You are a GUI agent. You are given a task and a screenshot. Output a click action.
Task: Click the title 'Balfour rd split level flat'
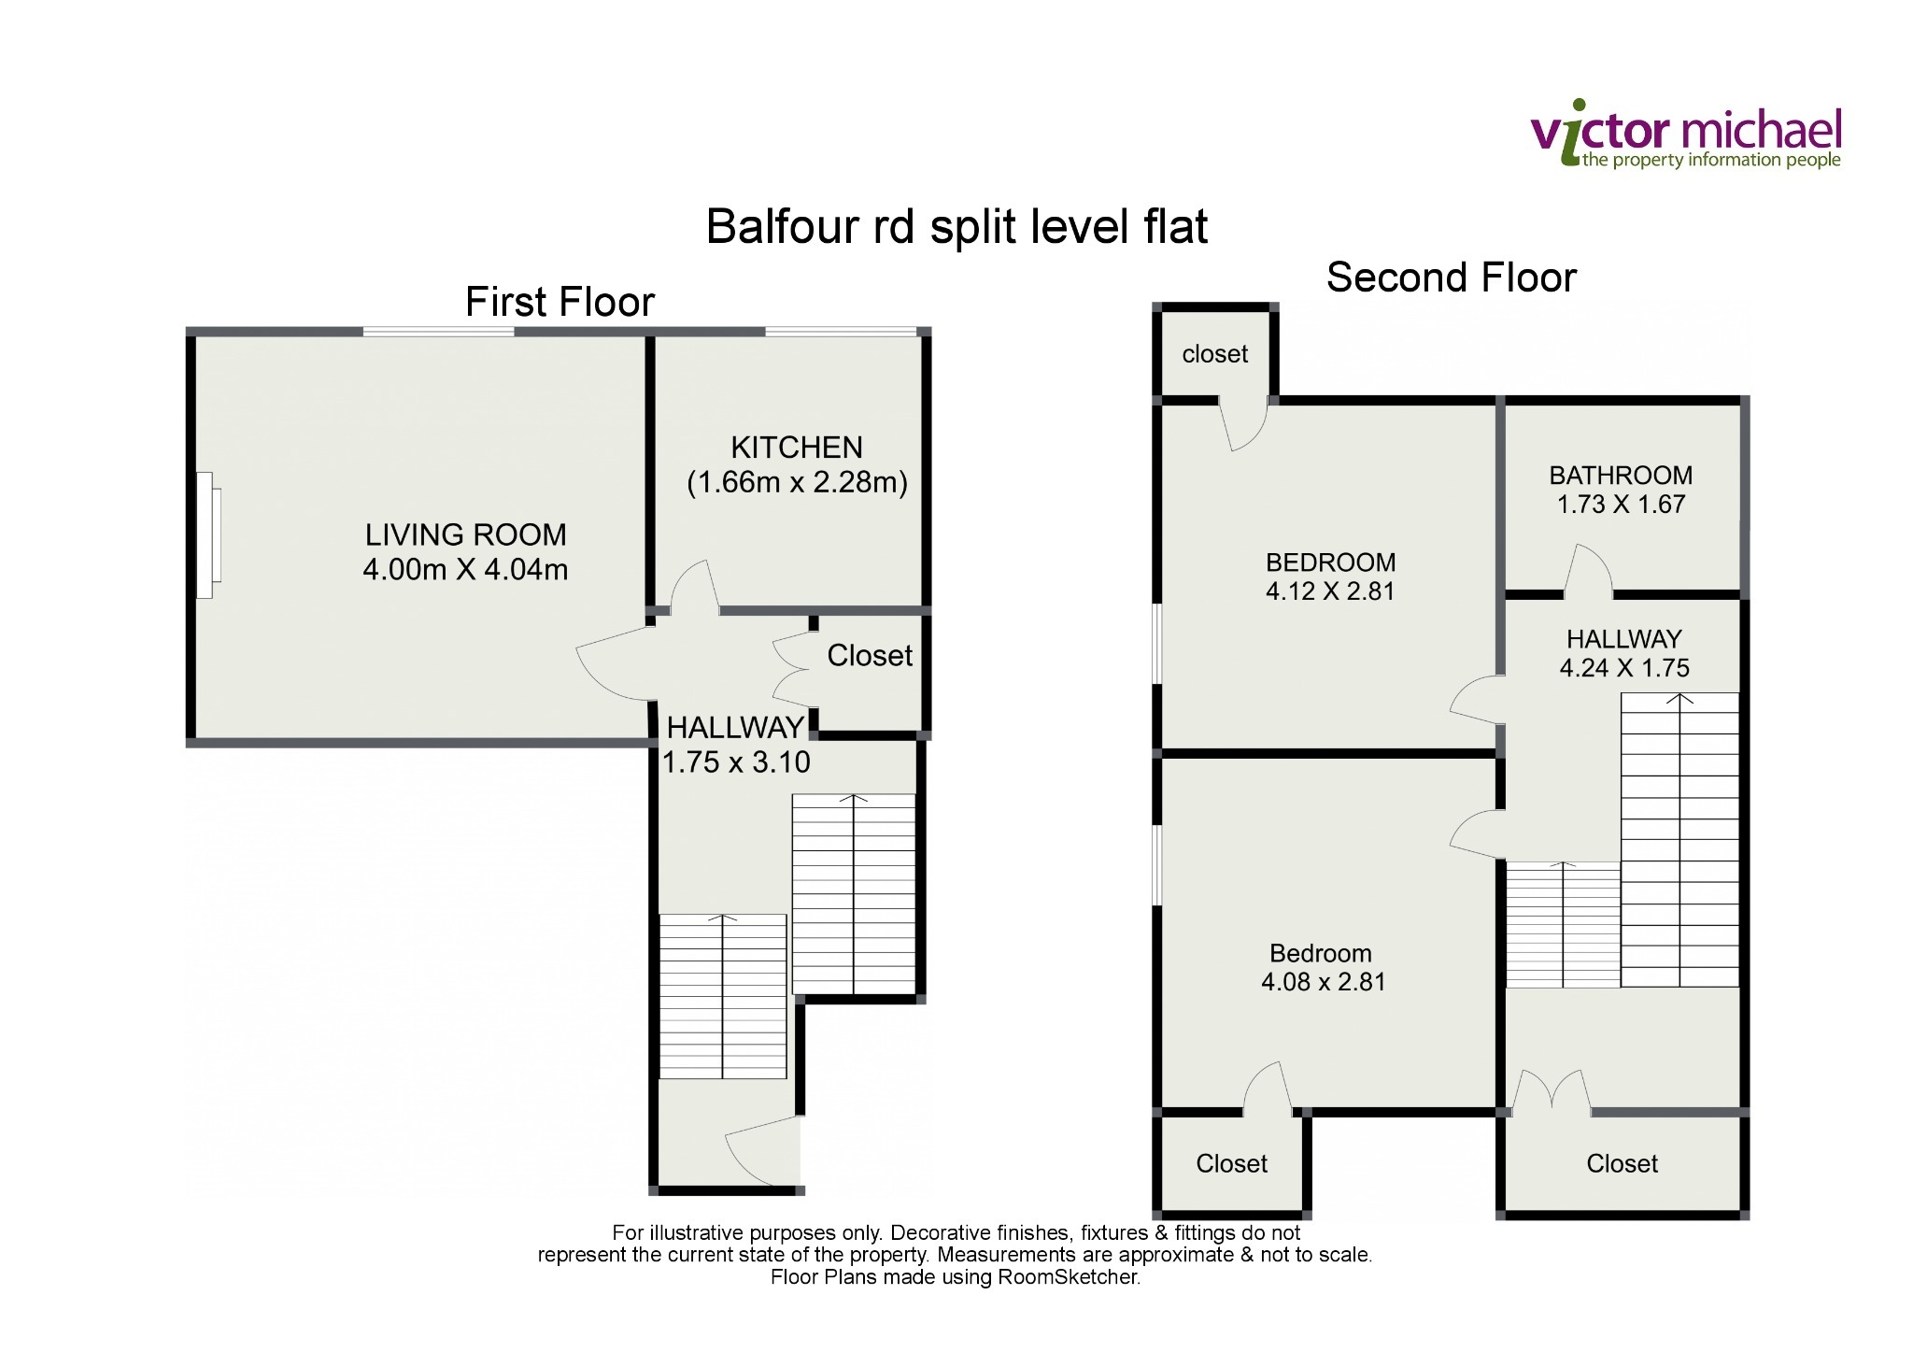click(x=956, y=226)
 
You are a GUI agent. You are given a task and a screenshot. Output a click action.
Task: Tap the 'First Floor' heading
click(x=560, y=302)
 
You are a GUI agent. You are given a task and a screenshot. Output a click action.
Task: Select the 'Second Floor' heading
click(x=1452, y=278)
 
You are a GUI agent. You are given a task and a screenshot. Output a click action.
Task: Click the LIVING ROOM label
click(x=465, y=534)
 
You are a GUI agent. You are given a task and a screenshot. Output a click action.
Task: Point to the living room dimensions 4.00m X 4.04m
click(x=465, y=569)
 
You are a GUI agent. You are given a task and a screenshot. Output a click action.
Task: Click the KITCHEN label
click(x=797, y=448)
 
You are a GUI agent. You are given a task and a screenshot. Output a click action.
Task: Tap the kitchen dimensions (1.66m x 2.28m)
click(x=797, y=482)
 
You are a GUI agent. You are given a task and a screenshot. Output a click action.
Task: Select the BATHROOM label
click(x=1621, y=476)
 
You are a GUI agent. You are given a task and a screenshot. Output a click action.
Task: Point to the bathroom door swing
click(x=1588, y=570)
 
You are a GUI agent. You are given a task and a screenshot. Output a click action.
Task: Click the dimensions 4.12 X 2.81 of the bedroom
click(x=1330, y=591)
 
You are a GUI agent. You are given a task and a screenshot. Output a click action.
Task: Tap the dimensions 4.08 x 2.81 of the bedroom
click(x=1324, y=982)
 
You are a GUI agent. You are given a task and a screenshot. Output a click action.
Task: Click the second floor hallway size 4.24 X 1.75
click(x=1624, y=668)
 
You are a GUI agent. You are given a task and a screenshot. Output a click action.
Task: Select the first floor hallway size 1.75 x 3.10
click(x=736, y=762)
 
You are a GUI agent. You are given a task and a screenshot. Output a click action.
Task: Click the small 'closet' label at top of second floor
click(x=1214, y=354)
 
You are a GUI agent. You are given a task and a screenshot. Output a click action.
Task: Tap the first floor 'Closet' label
click(x=870, y=656)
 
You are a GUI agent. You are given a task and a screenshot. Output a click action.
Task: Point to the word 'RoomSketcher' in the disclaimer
click(x=1069, y=1277)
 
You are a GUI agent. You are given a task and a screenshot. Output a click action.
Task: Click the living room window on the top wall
click(x=438, y=331)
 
